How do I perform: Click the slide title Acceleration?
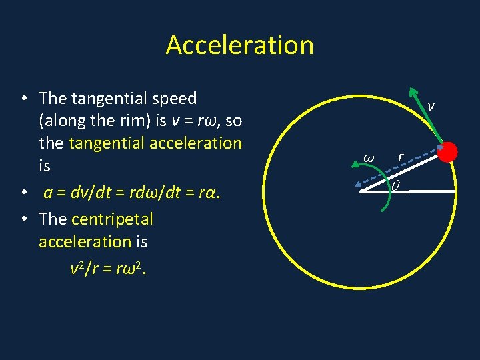[239, 45]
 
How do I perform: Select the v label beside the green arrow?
[431, 106]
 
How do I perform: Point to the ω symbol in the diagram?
[368, 157]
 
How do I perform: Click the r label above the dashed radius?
[400, 157]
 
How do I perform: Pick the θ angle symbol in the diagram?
[395, 188]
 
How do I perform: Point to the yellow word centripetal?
[112, 219]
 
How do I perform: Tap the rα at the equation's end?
[208, 193]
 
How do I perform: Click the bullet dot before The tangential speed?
[23, 99]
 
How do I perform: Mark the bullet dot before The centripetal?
[23, 219]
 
